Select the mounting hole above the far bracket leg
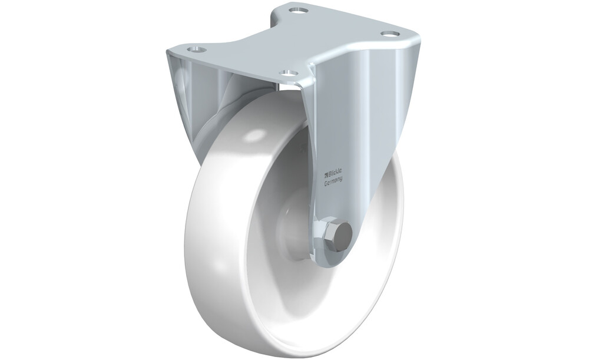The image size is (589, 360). click(x=195, y=49)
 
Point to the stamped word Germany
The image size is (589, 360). click(x=333, y=181)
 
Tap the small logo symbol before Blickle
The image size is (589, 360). click(x=326, y=174)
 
